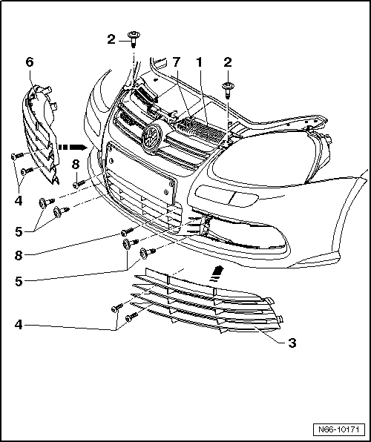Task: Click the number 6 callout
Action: click(x=30, y=62)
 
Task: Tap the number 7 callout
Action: click(x=176, y=62)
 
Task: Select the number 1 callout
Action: click(x=199, y=62)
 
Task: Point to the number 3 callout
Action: click(x=292, y=343)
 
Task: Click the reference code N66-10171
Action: click(x=338, y=429)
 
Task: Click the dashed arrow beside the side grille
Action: click(x=73, y=147)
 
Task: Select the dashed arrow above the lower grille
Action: click(x=217, y=274)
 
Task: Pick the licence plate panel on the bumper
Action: click(x=141, y=172)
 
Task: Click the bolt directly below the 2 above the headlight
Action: click(x=227, y=90)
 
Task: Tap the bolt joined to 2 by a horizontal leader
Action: click(x=133, y=39)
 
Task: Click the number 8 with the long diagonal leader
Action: click(x=19, y=255)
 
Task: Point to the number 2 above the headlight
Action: click(x=227, y=62)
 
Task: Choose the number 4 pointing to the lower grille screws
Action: click(x=19, y=325)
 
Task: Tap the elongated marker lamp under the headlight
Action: click(x=226, y=196)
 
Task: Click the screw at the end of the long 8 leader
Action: click(x=127, y=231)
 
